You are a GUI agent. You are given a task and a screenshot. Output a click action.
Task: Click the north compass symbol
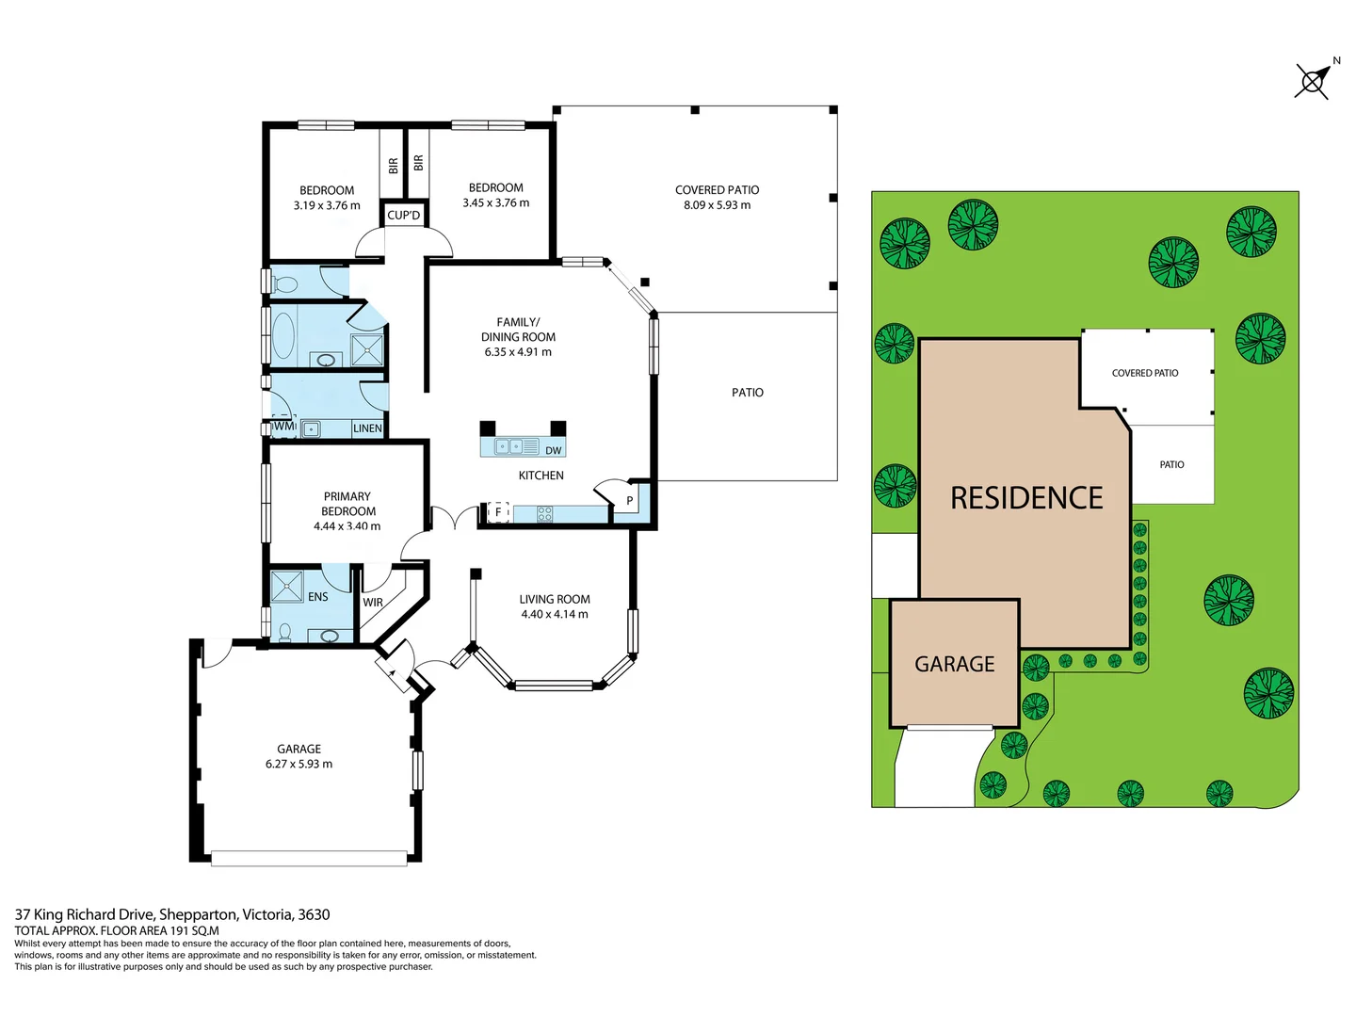coord(1314,80)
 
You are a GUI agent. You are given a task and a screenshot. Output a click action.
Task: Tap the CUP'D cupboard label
coord(404,215)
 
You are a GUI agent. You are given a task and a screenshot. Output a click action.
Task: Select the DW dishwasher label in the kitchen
coord(553,450)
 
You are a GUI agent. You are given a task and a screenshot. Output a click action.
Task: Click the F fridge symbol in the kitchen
coord(498,512)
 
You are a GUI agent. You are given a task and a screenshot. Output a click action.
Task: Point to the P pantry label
coord(630,501)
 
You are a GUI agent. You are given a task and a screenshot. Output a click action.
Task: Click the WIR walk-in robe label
coord(373,603)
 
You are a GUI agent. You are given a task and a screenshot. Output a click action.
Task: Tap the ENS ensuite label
coord(318,597)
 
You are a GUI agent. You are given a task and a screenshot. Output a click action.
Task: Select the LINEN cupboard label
coord(367,428)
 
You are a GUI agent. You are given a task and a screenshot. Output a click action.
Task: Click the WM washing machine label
coord(283,427)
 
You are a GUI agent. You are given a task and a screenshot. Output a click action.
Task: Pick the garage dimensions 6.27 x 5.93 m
coord(299,764)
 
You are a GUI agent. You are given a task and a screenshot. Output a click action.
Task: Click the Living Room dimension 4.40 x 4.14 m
coord(555,614)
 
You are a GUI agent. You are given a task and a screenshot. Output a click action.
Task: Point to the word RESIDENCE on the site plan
coord(1026,498)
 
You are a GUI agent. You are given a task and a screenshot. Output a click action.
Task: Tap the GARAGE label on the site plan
coord(955,664)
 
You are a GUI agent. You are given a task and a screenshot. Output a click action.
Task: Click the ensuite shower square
coord(287,587)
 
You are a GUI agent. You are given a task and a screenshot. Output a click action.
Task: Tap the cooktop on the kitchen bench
coord(544,513)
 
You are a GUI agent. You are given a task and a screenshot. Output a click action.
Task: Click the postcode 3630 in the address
coord(314,914)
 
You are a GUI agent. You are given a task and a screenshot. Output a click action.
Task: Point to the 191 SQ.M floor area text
coord(194,930)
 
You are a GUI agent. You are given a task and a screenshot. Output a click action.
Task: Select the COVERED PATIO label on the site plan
coord(1145,373)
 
